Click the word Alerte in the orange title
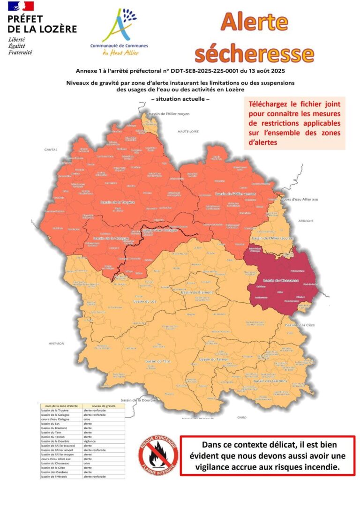click(255, 22)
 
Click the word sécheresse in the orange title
click(255, 53)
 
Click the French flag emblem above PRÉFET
click(21, 7)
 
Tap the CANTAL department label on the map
click(50, 150)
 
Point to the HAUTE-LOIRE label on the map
click(186, 132)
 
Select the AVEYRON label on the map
click(56, 344)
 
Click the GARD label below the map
click(242, 417)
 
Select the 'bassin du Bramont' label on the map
click(197, 292)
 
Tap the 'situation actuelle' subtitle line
click(180, 99)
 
